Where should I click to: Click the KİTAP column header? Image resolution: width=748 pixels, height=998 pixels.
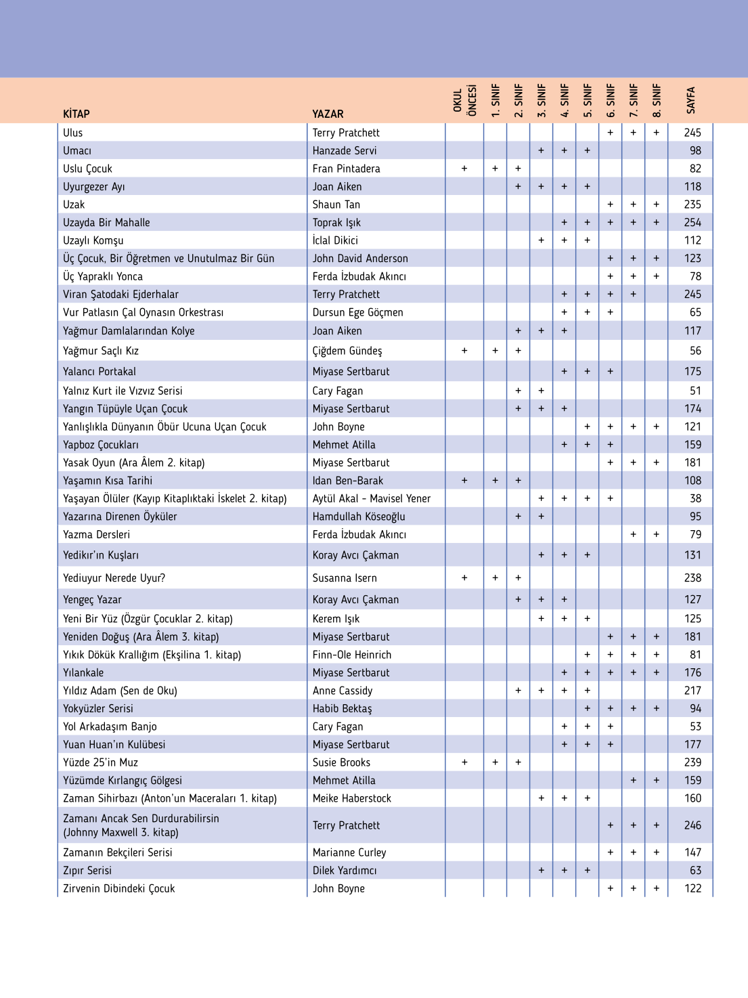(x=76, y=114)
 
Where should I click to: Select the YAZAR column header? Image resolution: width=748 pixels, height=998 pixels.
(x=328, y=114)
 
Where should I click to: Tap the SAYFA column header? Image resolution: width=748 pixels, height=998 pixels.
(x=690, y=100)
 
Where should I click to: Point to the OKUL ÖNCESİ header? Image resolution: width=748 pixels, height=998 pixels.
(x=464, y=100)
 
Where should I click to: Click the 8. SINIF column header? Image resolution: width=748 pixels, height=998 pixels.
(x=657, y=100)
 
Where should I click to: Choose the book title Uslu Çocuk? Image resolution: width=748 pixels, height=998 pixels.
(x=87, y=169)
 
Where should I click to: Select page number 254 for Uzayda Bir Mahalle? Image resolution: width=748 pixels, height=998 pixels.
(x=692, y=222)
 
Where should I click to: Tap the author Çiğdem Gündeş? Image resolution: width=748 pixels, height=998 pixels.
(x=347, y=351)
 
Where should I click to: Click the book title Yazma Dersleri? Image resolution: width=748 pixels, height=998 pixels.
(x=96, y=534)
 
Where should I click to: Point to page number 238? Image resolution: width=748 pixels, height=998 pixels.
(x=692, y=578)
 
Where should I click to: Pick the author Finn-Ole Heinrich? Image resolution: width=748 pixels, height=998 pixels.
(x=351, y=655)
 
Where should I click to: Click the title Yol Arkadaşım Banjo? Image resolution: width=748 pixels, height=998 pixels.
(x=110, y=726)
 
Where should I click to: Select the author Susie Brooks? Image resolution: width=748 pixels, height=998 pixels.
(x=341, y=762)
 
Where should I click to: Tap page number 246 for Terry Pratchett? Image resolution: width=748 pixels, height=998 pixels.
(x=692, y=825)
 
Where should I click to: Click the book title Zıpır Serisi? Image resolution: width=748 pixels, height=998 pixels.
(x=87, y=871)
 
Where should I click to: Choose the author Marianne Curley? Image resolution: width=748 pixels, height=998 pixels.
(x=349, y=852)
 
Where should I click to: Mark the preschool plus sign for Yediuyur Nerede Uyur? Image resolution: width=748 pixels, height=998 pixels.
(x=464, y=578)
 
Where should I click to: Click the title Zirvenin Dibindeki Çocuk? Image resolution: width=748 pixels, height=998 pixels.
(x=118, y=888)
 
